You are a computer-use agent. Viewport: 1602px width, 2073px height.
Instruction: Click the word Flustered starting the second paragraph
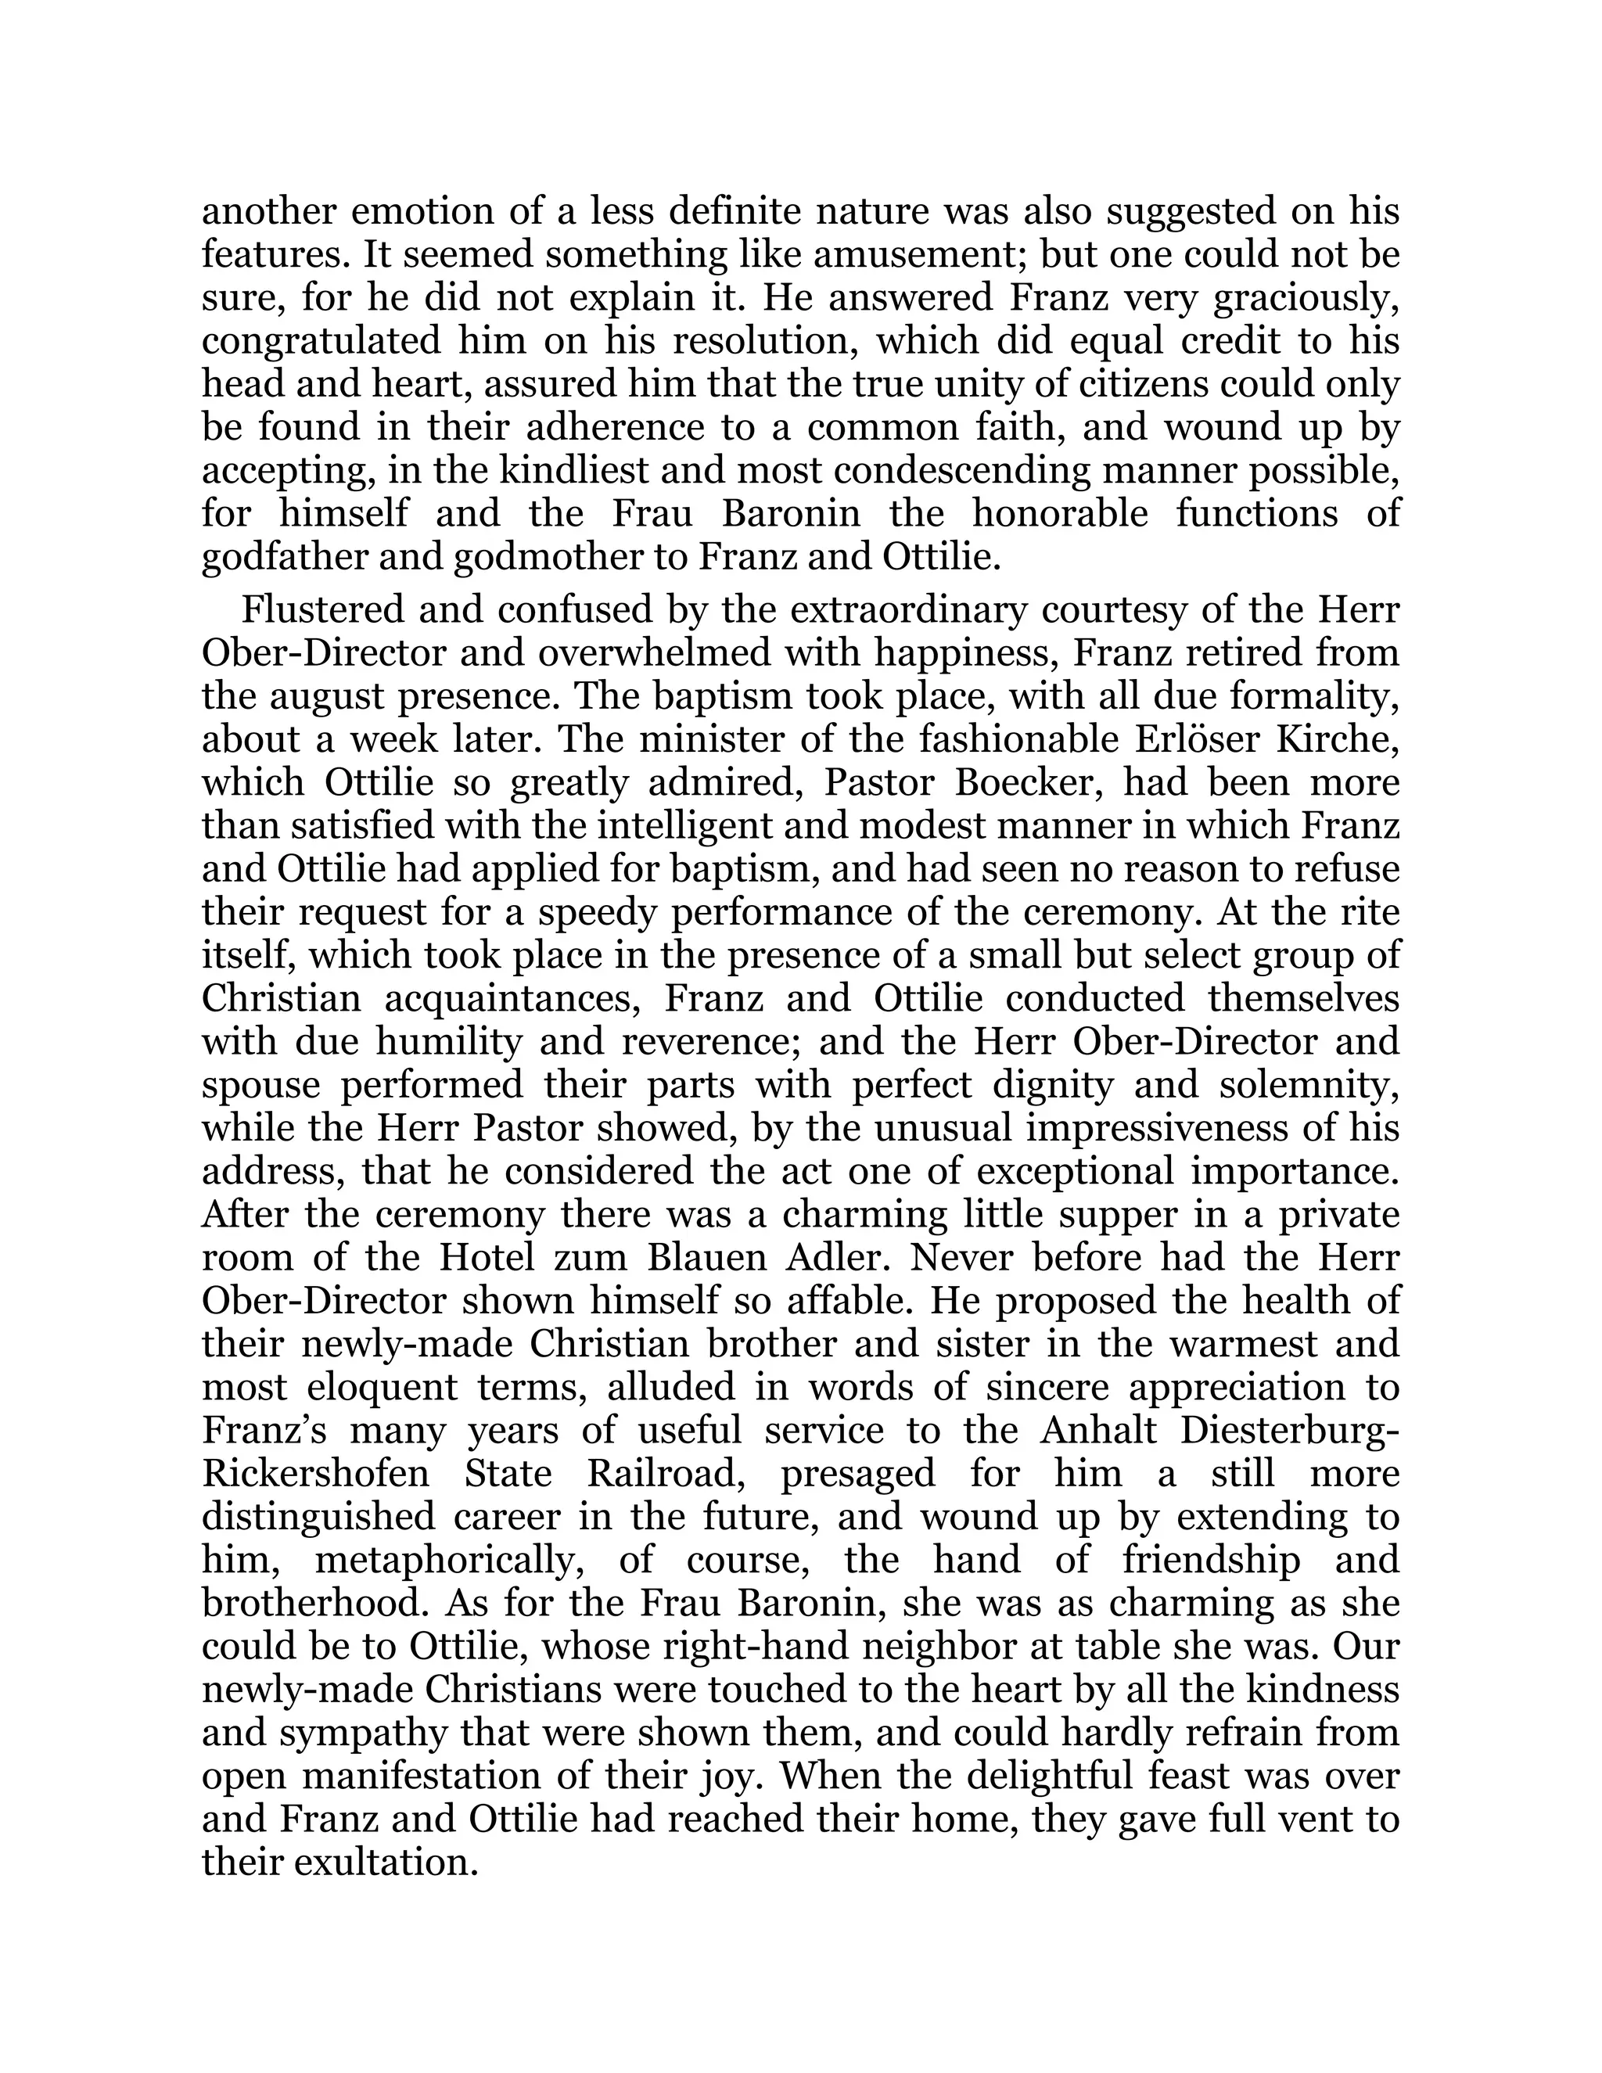321,610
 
